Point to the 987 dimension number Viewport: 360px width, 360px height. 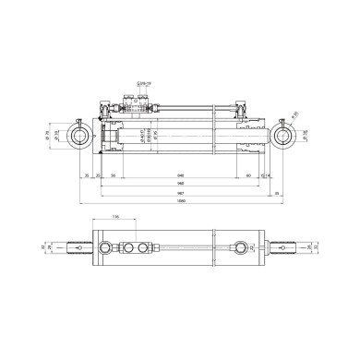pyautogui.click(x=182, y=193)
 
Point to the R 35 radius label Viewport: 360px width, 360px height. pyautogui.click(x=296, y=115)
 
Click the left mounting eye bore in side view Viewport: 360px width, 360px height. pyautogui.click(x=77, y=138)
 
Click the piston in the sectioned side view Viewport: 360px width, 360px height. pyautogui.click(x=114, y=140)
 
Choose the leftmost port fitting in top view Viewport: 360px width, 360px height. pyautogui.click(x=114, y=248)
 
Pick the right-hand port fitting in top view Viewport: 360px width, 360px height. pyautogui.click(x=244, y=248)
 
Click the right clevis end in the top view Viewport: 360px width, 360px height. pyautogui.click(x=288, y=247)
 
